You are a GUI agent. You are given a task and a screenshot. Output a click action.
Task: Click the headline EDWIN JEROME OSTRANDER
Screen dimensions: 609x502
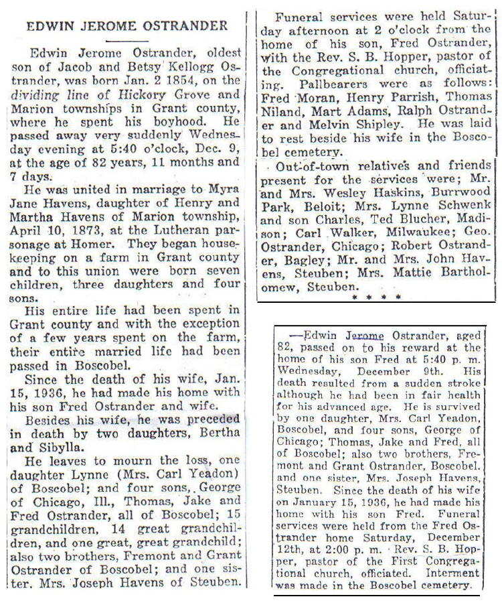click(x=127, y=26)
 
